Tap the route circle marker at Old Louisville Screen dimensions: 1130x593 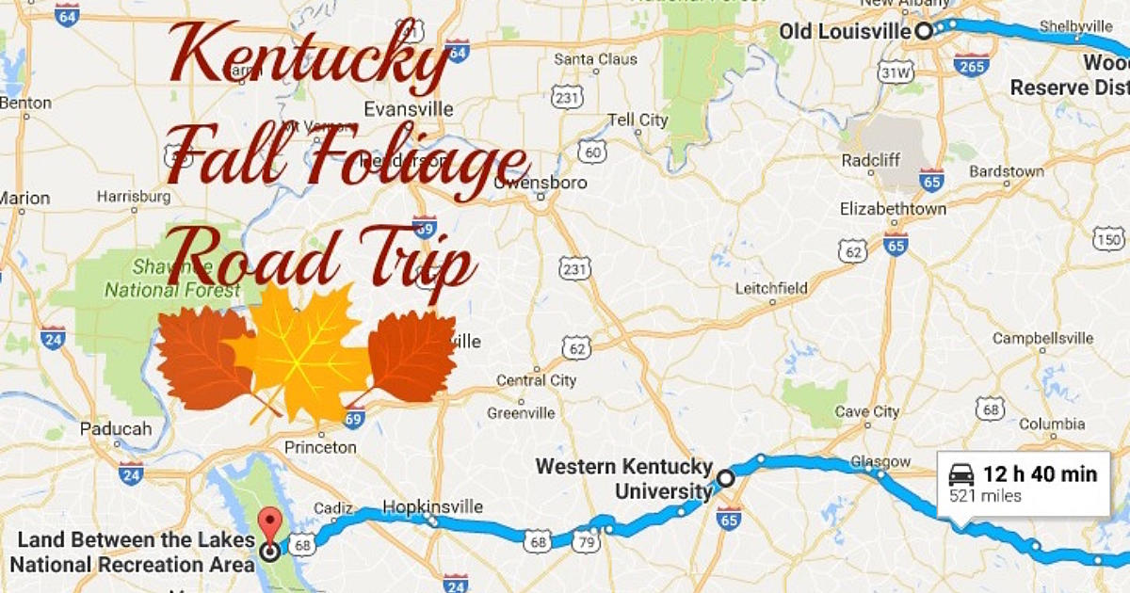pos(924,31)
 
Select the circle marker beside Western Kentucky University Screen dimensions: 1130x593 pos(725,478)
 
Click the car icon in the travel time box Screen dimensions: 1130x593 pos(960,474)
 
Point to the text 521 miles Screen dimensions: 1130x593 pos(985,496)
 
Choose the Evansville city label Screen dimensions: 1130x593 pos(408,108)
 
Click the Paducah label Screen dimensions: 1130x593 pos(116,428)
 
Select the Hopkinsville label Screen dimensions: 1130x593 pos(432,506)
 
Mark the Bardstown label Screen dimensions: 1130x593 pos(1007,171)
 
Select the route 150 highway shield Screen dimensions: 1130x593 pos(1108,239)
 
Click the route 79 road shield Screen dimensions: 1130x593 pos(584,541)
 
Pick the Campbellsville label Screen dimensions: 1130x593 pos(1042,338)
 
